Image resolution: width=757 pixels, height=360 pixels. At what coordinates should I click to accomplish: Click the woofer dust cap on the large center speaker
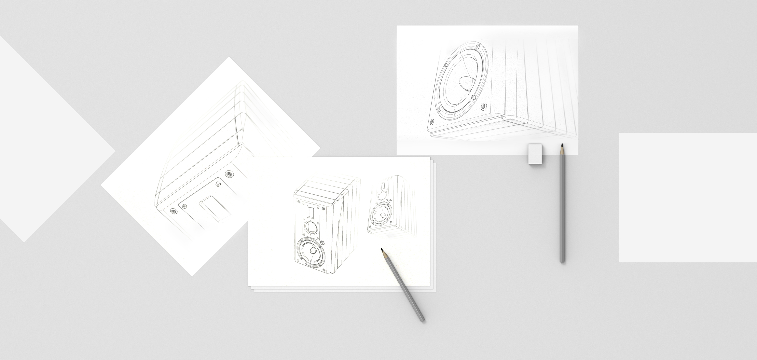pyautogui.click(x=312, y=251)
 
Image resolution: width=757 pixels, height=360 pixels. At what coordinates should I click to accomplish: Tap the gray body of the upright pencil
pyautogui.click(x=562, y=206)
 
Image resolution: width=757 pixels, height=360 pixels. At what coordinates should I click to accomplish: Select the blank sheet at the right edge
pyautogui.click(x=688, y=198)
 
